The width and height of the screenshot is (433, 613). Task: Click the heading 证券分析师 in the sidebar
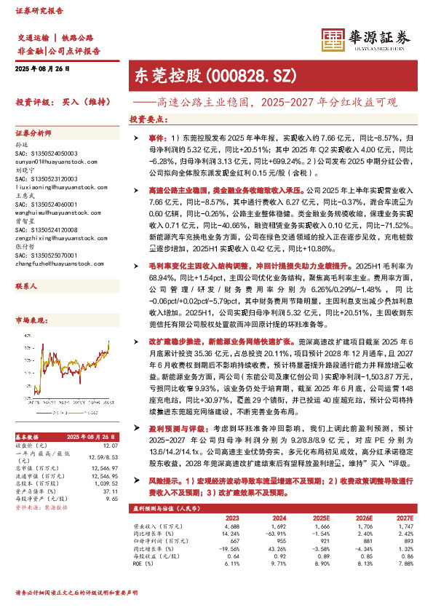[x=33, y=135]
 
